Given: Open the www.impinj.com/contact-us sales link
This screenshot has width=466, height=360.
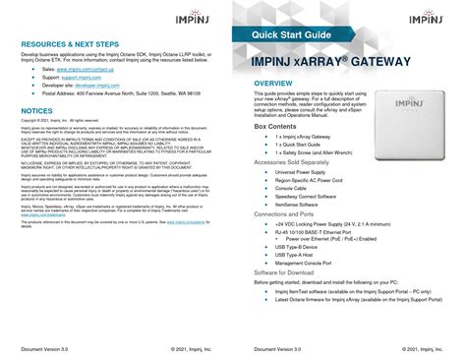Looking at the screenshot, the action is pos(85,72).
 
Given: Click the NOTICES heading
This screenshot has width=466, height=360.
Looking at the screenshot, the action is pos(36,113).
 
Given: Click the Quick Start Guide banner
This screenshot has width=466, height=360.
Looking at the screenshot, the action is pos(281,34).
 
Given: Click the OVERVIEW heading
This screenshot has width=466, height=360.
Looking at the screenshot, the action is pos(278,84).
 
